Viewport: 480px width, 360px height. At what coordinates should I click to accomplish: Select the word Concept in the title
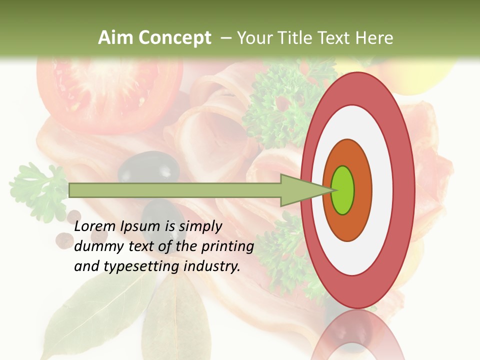[x=175, y=38]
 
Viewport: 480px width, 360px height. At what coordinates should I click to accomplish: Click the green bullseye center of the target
[x=343, y=190]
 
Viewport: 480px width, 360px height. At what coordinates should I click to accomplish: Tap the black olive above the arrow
[x=152, y=167]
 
